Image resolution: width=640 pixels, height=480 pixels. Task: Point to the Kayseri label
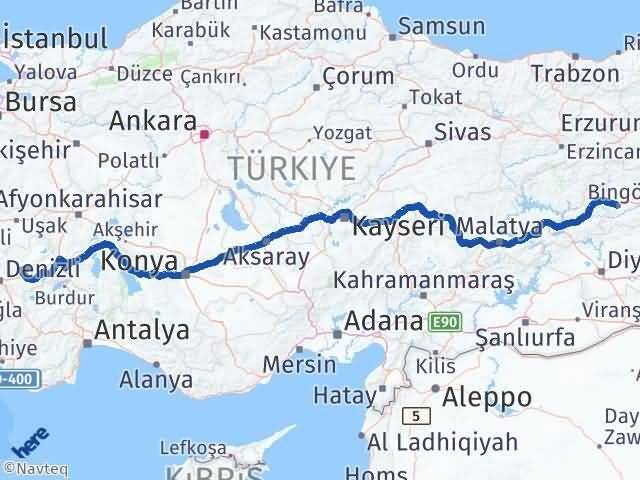tap(396, 227)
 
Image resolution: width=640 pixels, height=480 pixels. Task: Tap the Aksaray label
tap(267, 257)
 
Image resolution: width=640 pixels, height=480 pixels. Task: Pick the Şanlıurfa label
tap(524, 337)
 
